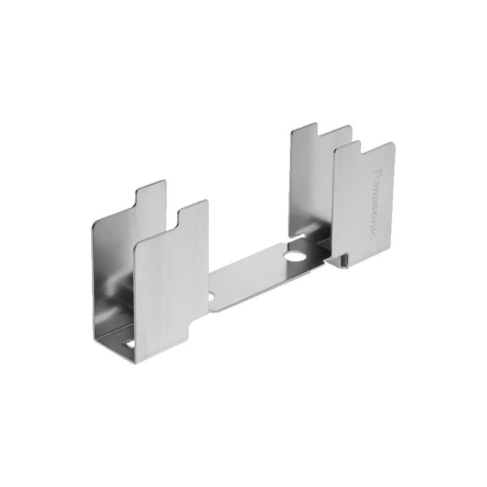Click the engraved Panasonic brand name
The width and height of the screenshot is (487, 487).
(376, 203)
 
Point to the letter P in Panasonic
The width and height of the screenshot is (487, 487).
(376, 173)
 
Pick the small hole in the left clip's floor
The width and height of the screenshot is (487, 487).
(129, 344)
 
